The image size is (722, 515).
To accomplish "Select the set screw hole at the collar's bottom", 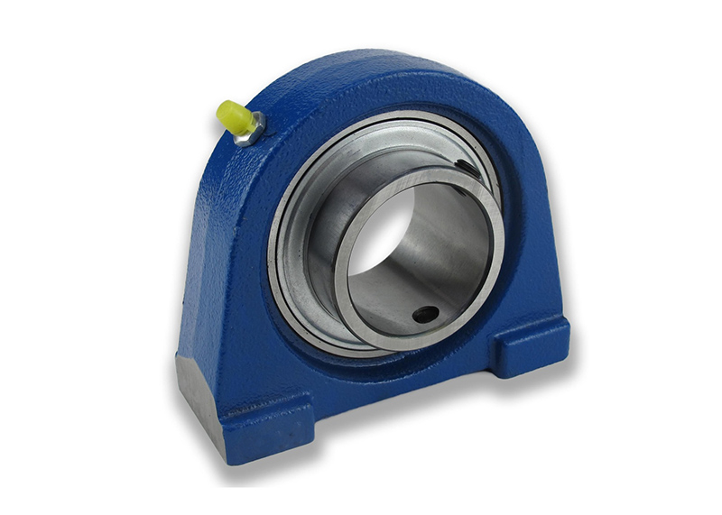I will click(424, 315).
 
